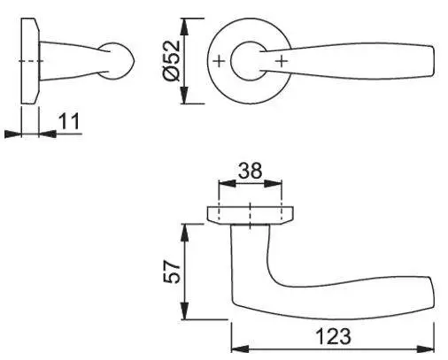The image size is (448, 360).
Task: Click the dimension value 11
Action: [x=69, y=121]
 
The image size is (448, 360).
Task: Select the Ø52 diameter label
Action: [x=172, y=60]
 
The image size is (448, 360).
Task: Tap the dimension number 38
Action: [x=250, y=170]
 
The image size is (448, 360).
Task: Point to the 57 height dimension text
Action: [x=172, y=272]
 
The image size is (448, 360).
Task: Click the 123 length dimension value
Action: [x=334, y=336]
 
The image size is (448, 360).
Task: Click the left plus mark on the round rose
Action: [x=219, y=61]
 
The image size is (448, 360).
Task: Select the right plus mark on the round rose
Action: [x=282, y=61]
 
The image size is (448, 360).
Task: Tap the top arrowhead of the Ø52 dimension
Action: [x=184, y=27]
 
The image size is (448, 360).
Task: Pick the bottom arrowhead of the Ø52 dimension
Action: [x=184, y=95]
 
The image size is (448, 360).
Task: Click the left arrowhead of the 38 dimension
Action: [x=227, y=183]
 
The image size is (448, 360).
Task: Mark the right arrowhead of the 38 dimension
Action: [x=273, y=183]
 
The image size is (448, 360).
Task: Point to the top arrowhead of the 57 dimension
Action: [x=184, y=233]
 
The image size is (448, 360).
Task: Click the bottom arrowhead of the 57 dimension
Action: [x=184, y=310]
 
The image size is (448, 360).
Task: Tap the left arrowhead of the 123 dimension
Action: [x=240, y=349]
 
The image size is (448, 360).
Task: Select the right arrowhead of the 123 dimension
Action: [x=425, y=349]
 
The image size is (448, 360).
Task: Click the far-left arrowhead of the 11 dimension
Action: [x=13, y=134]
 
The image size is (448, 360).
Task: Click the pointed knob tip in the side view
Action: [x=135, y=61]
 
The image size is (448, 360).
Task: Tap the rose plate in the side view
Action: [x=30, y=61]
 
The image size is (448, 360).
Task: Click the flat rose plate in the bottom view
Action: [x=251, y=215]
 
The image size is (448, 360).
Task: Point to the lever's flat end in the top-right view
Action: [x=433, y=61]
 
